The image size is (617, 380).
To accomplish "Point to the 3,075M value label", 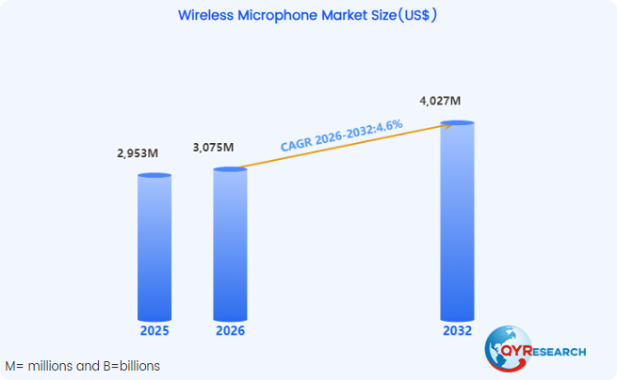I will tap(212, 148).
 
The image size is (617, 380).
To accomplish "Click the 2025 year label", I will tap(154, 331).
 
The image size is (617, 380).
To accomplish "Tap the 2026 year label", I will tap(230, 331).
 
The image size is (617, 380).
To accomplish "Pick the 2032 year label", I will tap(458, 331).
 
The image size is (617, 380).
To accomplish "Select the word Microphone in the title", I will tap(280, 16).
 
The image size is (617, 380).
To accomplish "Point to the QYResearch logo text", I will tap(550, 351).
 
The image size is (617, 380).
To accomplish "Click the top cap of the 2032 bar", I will tap(457, 123).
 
